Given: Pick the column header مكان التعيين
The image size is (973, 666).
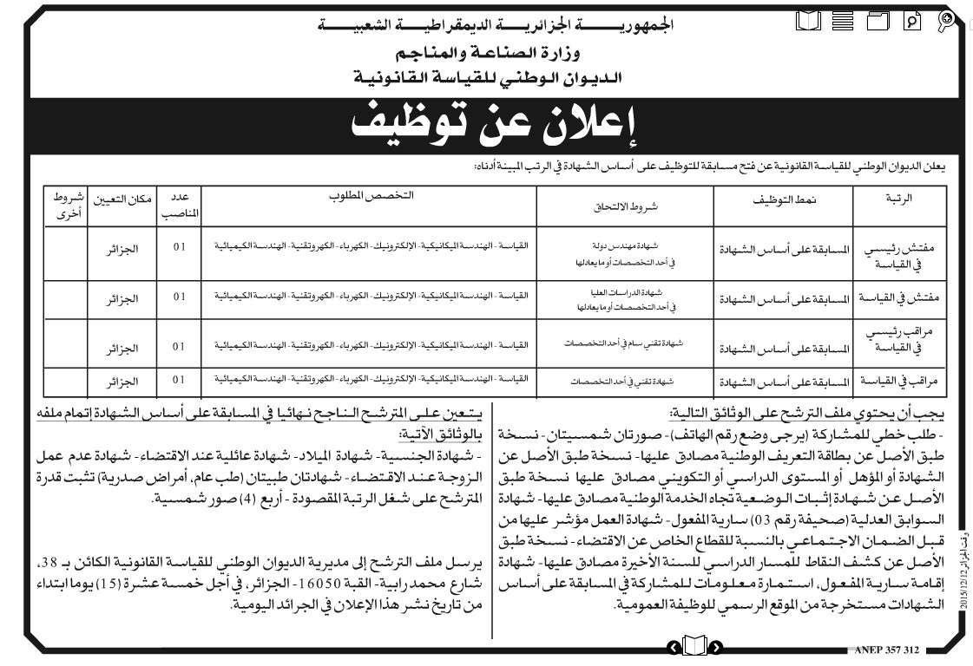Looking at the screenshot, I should pyautogui.click(x=123, y=199).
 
